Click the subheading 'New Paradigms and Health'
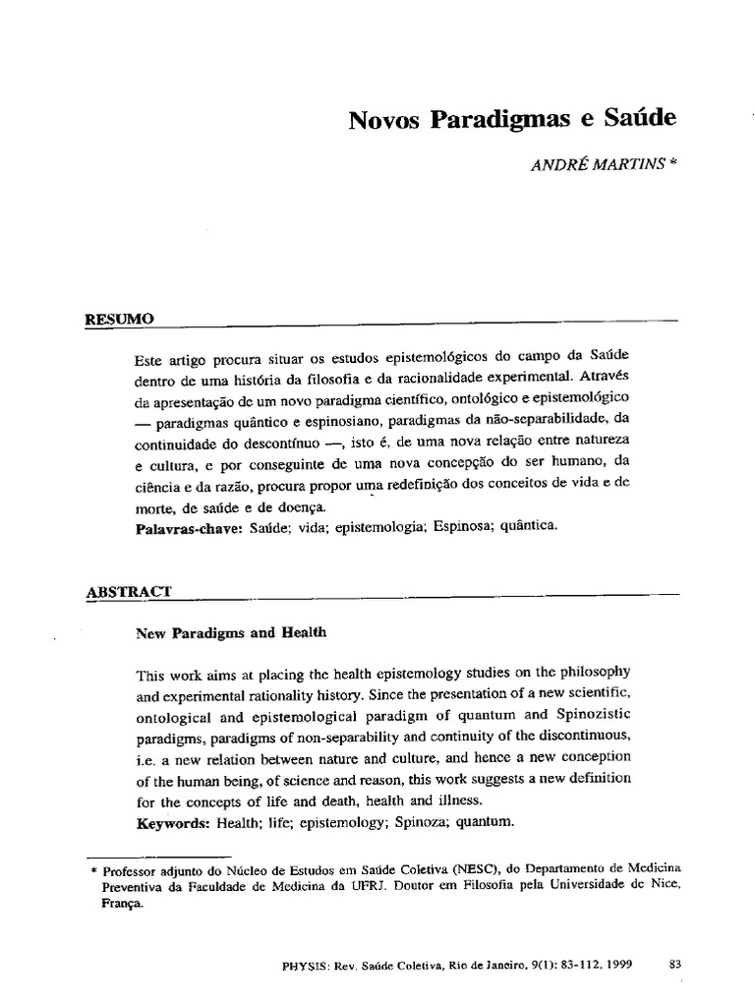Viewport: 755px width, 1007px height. [230, 633]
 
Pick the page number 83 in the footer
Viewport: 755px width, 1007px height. [674, 965]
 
